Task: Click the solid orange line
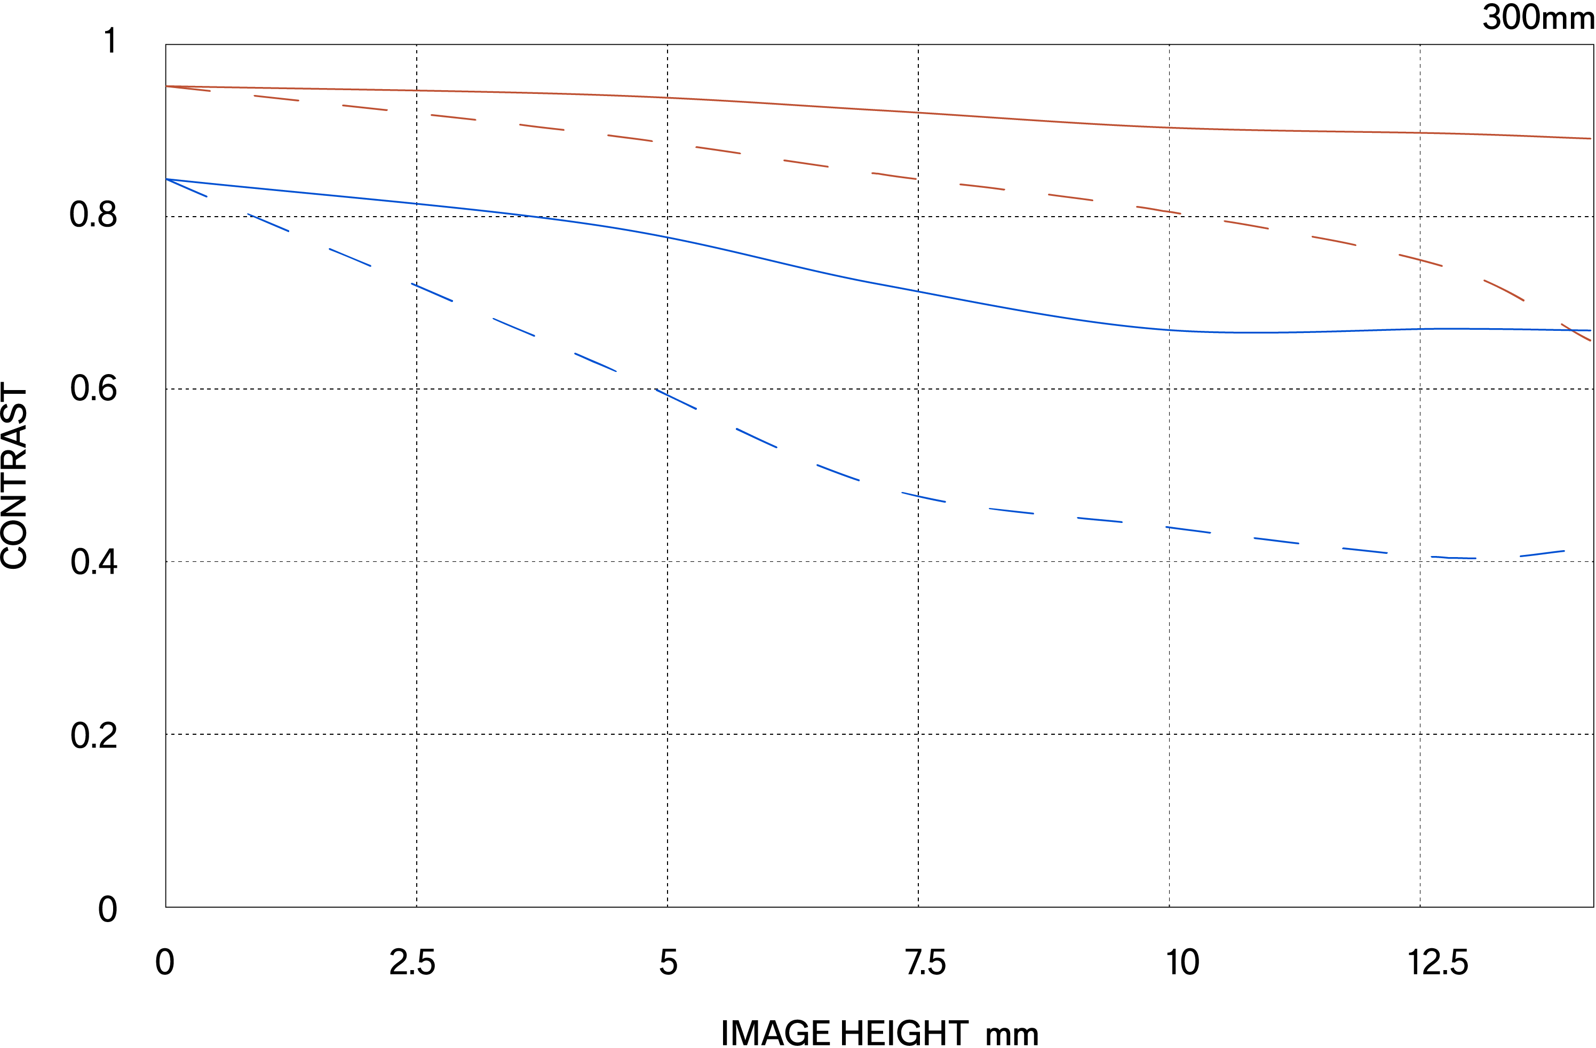click(872, 109)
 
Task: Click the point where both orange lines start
click(166, 86)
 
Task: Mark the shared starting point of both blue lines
click(166, 179)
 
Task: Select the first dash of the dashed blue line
click(186, 188)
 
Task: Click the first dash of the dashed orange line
click(188, 89)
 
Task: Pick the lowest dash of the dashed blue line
click(1454, 557)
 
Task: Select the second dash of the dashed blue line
click(268, 223)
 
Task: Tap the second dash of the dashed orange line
click(276, 98)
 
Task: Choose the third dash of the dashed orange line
click(365, 107)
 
